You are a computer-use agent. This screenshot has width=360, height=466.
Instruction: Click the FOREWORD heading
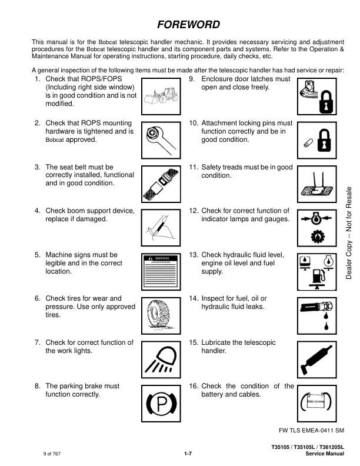tap(189, 24)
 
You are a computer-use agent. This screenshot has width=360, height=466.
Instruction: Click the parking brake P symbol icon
tap(161, 404)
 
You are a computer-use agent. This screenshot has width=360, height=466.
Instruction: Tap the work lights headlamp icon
tap(161, 360)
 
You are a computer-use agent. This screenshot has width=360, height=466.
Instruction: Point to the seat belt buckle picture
tap(161, 184)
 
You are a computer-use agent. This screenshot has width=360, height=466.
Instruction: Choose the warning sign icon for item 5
tap(161, 272)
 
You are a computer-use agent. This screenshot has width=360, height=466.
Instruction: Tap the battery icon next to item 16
tap(316, 402)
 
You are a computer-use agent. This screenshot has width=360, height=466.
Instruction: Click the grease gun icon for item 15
tap(316, 360)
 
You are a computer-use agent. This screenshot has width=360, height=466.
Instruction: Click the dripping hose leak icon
tap(317, 315)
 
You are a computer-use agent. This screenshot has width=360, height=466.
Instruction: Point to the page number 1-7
tap(188, 454)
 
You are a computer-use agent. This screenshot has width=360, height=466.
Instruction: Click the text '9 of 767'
tap(52, 454)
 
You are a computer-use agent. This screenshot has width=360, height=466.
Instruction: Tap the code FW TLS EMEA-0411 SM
tap(311, 430)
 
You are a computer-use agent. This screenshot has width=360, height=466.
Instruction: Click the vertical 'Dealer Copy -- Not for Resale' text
tap(349, 232)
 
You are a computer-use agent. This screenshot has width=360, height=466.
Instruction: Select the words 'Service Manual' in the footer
tap(325, 454)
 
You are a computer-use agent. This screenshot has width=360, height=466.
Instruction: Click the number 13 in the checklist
tap(194, 255)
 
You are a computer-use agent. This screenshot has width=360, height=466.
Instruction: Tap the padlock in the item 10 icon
tap(324, 140)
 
